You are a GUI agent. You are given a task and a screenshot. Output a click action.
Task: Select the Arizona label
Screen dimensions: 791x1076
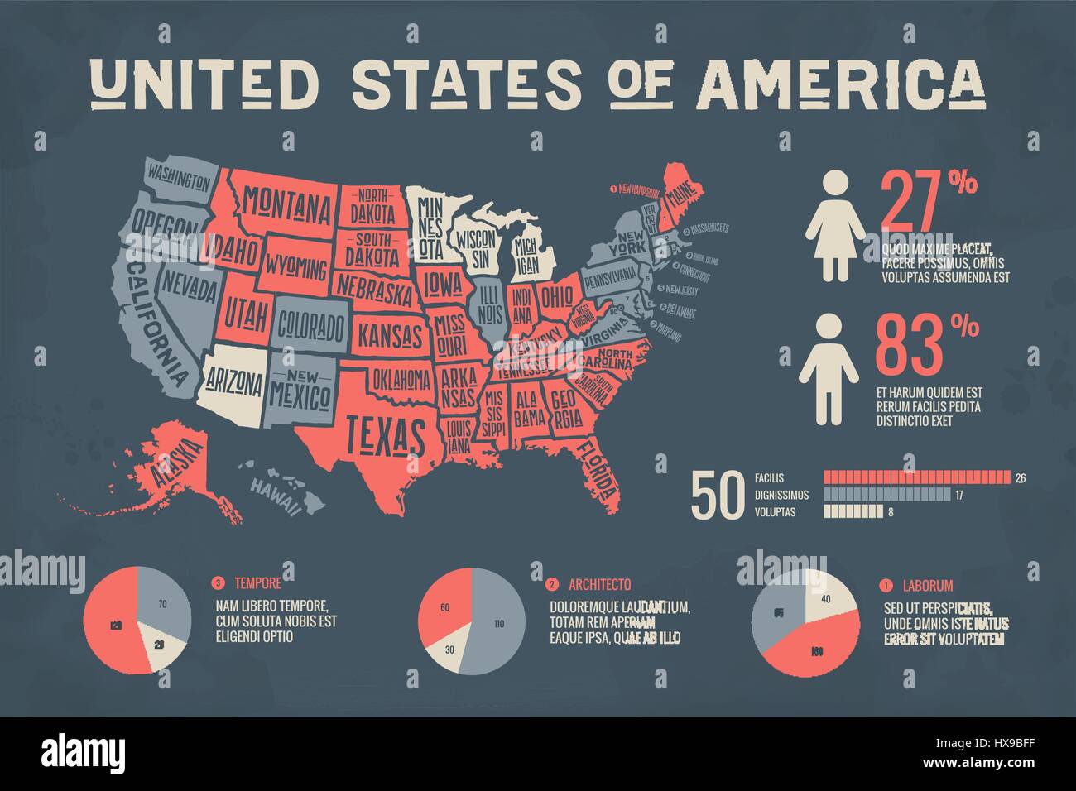(x=234, y=383)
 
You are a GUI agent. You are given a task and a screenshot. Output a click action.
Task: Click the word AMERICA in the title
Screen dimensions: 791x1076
(x=842, y=84)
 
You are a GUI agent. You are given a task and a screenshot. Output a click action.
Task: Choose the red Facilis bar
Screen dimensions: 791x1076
(x=917, y=477)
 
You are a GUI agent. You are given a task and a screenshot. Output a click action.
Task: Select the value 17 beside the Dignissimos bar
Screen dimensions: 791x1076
(x=959, y=496)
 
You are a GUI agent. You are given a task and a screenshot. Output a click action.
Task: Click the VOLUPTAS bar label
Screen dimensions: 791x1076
(x=775, y=513)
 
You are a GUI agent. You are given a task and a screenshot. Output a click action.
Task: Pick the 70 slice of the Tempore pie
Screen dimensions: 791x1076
(x=162, y=604)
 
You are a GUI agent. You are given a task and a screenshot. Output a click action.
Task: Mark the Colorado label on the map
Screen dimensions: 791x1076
(x=310, y=327)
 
